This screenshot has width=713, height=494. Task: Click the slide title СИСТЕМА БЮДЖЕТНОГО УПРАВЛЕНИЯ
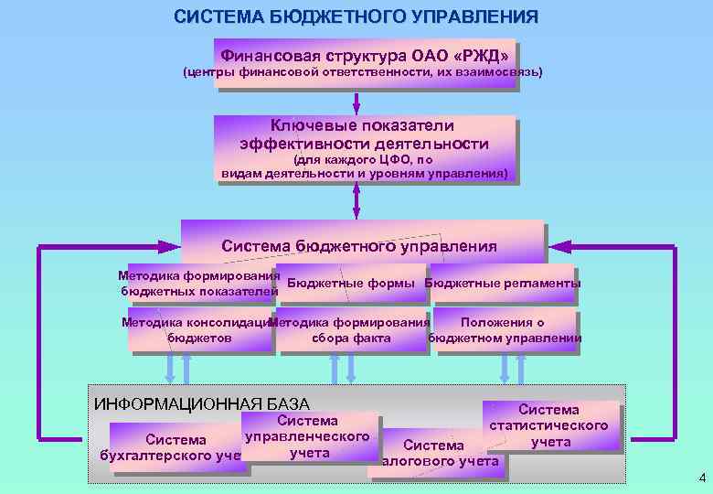point(356,17)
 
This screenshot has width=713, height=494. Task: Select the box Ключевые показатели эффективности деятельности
point(364,149)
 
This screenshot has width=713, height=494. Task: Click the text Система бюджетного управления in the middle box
point(359,245)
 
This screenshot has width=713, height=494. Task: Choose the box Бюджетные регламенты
point(503,284)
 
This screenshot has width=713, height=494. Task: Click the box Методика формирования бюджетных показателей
point(198,284)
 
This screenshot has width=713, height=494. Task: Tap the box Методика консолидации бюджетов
point(199,330)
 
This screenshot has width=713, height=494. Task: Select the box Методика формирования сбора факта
point(350,330)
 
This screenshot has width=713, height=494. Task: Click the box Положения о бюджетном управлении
point(504,330)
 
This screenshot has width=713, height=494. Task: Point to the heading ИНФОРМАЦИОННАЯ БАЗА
point(202,404)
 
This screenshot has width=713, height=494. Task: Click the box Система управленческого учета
point(308,436)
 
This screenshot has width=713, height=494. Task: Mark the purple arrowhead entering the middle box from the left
point(170,246)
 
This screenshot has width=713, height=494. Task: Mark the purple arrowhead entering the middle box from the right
point(559,246)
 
